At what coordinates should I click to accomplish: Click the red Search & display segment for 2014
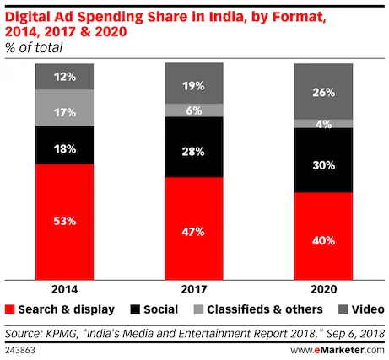point(64,220)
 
